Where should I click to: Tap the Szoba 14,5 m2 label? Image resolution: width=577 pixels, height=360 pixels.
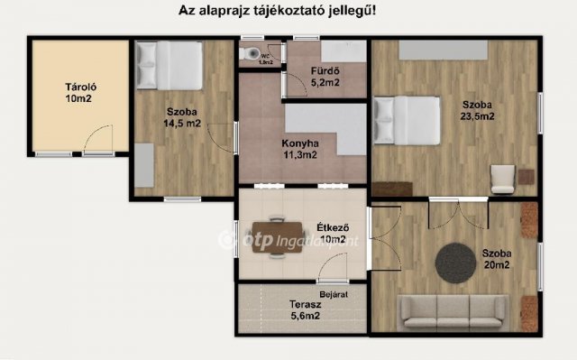pos(182,118)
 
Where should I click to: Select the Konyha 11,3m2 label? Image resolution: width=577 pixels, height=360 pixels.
pos(299,148)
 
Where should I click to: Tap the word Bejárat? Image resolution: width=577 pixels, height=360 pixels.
pos(333,294)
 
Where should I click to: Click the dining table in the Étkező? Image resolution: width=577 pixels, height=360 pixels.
pos(276,237)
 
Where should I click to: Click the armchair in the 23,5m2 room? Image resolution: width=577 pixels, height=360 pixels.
pos(501,179)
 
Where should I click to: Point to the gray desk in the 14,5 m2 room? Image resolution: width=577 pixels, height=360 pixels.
pos(142,164)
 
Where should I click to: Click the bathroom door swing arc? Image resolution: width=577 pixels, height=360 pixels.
pos(292,84)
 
